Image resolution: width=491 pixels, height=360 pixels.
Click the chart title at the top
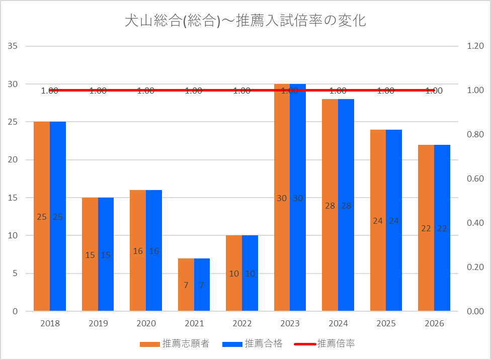245,21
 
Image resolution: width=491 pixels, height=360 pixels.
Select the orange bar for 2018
42,216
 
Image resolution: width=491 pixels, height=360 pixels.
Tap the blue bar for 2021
202,285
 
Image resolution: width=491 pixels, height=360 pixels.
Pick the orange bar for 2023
282,198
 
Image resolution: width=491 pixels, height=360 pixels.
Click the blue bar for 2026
442,228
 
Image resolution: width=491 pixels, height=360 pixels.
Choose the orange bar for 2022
234,273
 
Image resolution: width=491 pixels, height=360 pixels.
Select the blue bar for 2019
106,254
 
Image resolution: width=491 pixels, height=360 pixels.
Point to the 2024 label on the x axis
338,323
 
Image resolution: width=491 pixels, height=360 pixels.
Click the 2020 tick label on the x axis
146,323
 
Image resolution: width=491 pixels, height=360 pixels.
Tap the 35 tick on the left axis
13,46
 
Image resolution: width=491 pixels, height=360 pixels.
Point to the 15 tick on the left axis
13,198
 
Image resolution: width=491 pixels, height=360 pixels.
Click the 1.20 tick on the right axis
475,46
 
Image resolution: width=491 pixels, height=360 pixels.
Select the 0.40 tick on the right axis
475,223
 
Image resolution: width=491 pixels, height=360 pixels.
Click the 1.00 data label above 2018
50,91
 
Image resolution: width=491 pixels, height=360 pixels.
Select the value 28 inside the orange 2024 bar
330,206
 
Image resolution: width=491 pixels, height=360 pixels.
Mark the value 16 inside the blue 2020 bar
154,251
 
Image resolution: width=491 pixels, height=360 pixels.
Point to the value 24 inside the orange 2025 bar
378,221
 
